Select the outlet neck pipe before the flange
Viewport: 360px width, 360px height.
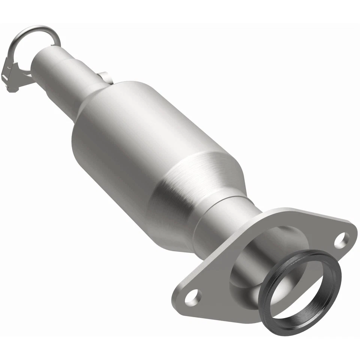(x=225, y=221)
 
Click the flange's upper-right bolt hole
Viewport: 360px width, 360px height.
(x=342, y=240)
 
